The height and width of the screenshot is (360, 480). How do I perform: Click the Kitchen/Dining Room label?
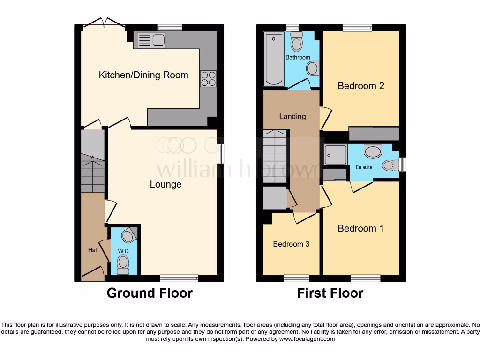[143, 75]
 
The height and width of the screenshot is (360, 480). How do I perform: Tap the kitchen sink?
[150, 40]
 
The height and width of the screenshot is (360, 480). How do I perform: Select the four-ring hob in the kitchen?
[208, 78]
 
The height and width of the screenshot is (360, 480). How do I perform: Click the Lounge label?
[165, 184]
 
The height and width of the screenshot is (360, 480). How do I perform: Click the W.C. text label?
[124, 251]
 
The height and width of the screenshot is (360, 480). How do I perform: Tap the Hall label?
[93, 250]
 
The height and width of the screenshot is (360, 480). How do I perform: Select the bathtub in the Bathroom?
[274, 60]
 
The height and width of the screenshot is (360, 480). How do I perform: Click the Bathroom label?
[298, 57]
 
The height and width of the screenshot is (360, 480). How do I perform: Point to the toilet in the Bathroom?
[296, 42]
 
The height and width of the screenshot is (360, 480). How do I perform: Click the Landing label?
[292, 116]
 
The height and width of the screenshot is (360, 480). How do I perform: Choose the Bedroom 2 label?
[361, 86]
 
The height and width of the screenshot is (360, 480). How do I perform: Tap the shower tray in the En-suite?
[336, 155]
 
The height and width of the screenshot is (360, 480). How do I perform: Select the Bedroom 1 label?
[360, 228]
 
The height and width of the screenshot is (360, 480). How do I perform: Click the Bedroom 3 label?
[291, 244]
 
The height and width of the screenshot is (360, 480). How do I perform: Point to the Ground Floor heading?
[150, 293]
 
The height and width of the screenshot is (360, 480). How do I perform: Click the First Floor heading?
[330, 293]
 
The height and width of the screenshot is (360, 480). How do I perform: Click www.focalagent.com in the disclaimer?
[307, 339]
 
